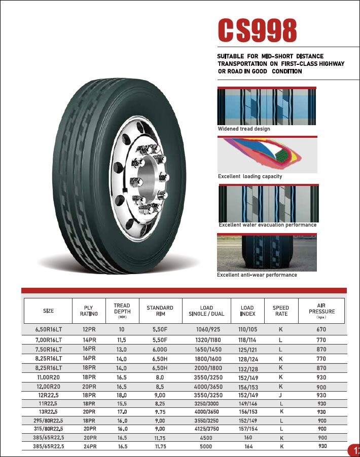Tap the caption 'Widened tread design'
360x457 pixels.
244,129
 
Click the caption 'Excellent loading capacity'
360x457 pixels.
250,176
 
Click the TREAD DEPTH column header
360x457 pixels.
122,311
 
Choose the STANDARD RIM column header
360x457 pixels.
160,311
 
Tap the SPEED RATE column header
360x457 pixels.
281,311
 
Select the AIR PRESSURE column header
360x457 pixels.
321,311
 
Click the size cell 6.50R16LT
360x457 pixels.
49,329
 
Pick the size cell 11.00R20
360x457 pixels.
49,377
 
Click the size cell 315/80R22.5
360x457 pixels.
49,428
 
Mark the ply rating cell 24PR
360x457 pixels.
90,446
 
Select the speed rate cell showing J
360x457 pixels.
280,395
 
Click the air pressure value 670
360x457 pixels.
322,329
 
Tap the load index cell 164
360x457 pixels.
248,446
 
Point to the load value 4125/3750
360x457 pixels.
206,428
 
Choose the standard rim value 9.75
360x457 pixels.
160,411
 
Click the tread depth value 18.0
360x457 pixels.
122,395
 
